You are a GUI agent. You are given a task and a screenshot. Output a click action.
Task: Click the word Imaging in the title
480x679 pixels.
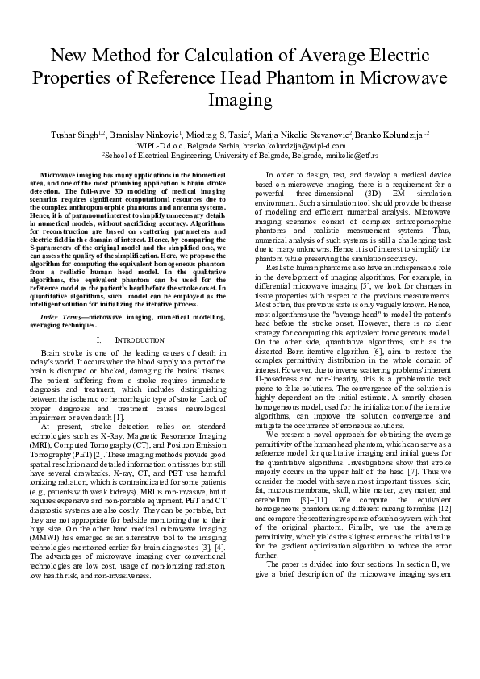[x=240, y=101]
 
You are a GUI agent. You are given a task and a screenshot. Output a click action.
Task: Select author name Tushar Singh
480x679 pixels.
[x=73, y=133]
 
